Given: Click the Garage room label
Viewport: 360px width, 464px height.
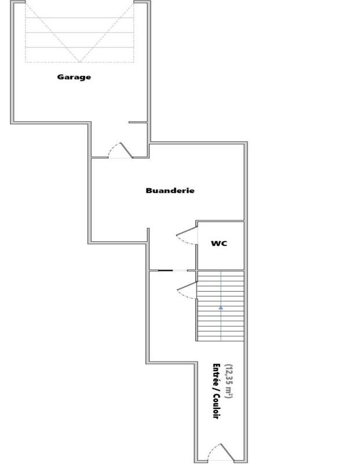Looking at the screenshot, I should click(x=74, y=77).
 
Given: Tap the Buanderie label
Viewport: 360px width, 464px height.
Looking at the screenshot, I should click(x=170, y=190).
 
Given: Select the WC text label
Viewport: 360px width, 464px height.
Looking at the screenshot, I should click(x=219, y=243).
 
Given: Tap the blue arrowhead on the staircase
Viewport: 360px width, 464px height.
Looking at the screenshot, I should click(x=221, y=308).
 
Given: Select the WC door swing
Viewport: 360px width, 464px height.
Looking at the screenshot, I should click(x=186, y=235).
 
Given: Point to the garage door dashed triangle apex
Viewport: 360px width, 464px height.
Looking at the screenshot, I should click(x=79, y=60).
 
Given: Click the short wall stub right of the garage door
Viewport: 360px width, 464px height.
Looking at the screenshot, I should click(x=138, y=122).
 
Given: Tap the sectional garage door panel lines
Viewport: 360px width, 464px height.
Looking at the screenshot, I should click(x=79, y=32).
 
